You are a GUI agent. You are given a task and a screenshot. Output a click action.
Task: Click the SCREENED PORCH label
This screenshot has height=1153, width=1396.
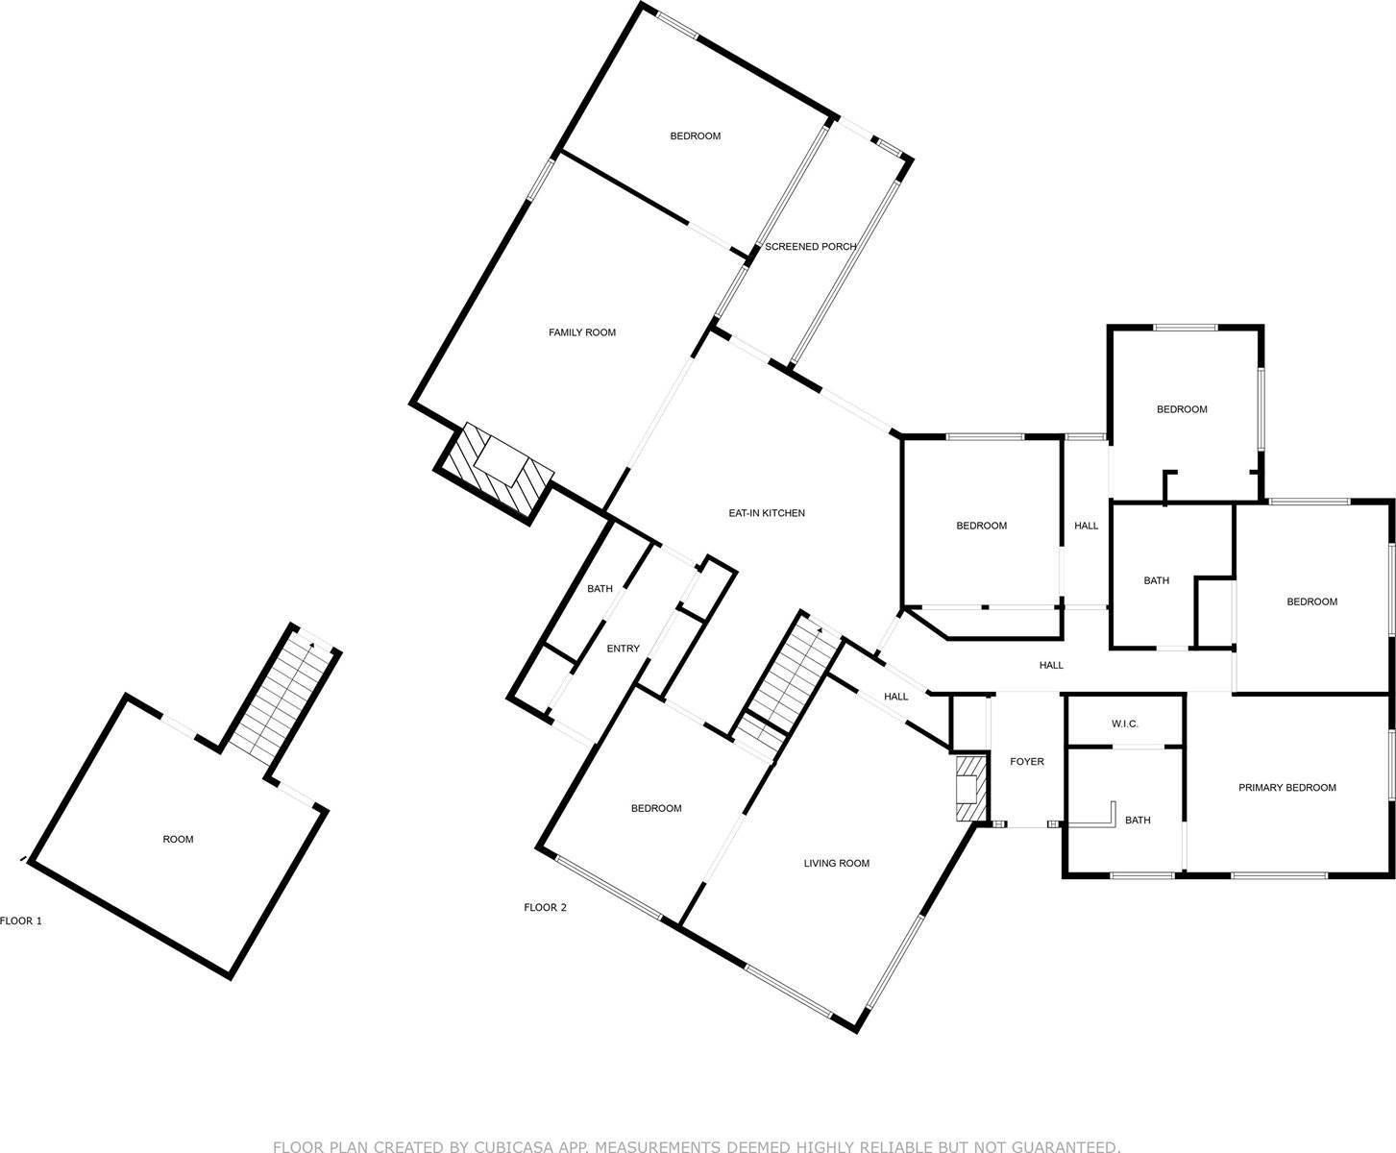pos(810,247)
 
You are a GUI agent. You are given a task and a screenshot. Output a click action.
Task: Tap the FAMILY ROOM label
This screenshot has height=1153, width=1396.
pos(581,332)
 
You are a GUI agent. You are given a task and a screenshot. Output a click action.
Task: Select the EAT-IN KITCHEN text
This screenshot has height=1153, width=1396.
pos(766,513)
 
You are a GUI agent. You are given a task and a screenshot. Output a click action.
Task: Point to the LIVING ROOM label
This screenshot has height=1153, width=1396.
pos(837,864)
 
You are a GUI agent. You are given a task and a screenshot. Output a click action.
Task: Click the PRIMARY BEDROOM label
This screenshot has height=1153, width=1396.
pos(1287,788)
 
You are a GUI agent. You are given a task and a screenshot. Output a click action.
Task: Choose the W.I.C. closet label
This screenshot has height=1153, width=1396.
pos(1124,724)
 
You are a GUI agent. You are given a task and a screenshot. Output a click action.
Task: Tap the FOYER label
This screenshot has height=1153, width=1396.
pos(1027,762)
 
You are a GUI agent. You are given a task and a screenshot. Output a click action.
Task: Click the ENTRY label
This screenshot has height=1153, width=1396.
pos(624,649)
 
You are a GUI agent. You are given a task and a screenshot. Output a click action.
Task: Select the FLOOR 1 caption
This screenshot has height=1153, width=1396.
pos(21,920)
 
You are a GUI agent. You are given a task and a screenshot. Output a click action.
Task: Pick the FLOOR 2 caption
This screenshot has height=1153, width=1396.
pos(545,908)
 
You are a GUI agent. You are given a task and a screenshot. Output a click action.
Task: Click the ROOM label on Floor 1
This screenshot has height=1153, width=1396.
pos(178,840)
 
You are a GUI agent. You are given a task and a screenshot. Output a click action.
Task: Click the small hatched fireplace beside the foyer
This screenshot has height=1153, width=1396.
pos(971,789)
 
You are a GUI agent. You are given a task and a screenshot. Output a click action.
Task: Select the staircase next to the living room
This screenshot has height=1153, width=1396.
pos(792,685)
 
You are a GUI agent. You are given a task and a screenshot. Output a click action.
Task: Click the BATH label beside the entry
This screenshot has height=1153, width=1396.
pos(600,589)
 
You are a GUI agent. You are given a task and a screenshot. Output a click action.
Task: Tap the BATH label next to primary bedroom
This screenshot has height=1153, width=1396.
pos(1138,821)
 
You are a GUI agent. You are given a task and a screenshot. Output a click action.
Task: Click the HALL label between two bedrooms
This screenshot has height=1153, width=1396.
pos(1087,526)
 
